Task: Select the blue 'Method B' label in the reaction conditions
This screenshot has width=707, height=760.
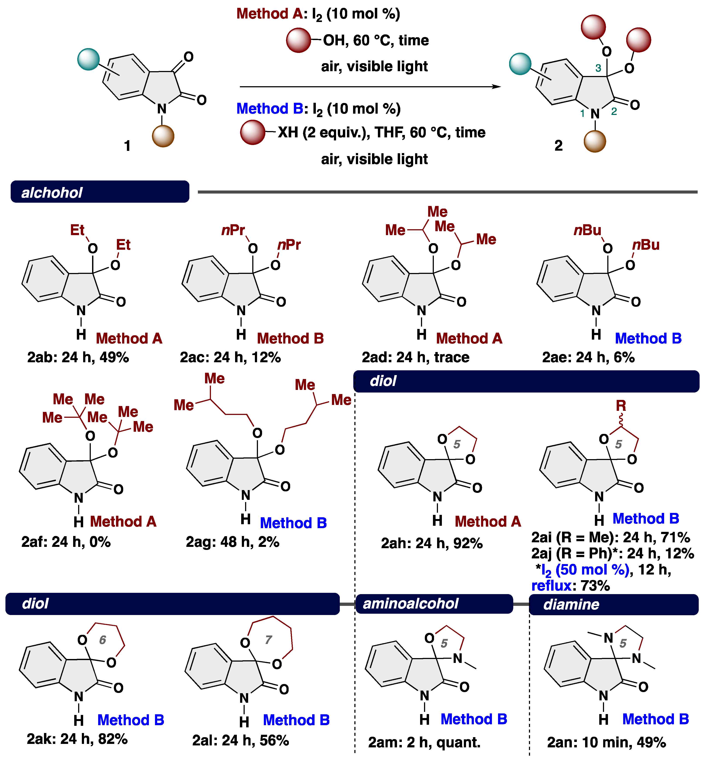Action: (x=270, y=109)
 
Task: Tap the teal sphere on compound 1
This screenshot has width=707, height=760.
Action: (x=88, y=59)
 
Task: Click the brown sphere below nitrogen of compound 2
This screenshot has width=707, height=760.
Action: (x=595, y=142)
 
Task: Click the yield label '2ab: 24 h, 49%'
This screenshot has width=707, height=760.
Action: (x=78, y=357)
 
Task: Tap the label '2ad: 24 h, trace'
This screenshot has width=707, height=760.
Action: (x=415, y=357)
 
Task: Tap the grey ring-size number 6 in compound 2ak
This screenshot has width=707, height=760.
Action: (x=103, y=640)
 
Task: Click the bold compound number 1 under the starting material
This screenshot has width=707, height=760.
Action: (x=127, y=146)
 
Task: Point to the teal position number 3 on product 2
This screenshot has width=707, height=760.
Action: (x=598, y=68)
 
